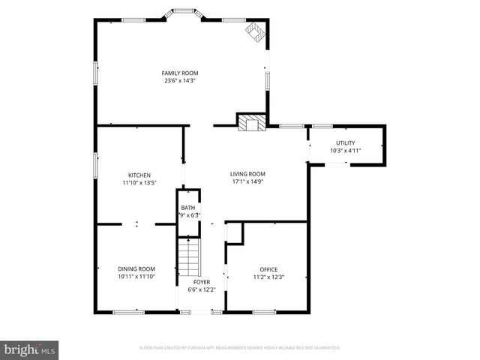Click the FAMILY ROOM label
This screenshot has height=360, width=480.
pos(181,73)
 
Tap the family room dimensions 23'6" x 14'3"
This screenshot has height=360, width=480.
pos(181,81)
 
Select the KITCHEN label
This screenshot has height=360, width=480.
pos(139,175)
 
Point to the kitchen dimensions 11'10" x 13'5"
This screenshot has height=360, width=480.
pos(139,182)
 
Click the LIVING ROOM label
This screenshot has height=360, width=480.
pos(247,174)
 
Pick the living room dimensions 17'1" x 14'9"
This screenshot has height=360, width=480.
pos(247,181)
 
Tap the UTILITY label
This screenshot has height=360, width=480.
pos(345,142)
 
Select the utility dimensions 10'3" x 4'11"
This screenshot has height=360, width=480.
pos(345,151)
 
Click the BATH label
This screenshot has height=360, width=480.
pos(187,208)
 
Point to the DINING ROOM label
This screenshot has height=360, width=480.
pos(136,268)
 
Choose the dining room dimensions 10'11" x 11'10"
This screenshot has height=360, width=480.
pos(136,276)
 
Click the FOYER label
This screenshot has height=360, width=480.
pos(201,282)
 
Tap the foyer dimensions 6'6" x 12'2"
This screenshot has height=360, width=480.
pos(201,289)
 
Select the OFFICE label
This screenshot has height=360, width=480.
pos(268,269)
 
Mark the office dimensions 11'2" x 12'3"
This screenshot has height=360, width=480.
pos(268,277)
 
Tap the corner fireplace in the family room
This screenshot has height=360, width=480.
pos(255,31)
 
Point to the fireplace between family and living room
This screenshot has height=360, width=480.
pos(250,122)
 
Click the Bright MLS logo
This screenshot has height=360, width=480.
pos(30,349)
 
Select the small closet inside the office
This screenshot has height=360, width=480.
pos(235,232)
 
